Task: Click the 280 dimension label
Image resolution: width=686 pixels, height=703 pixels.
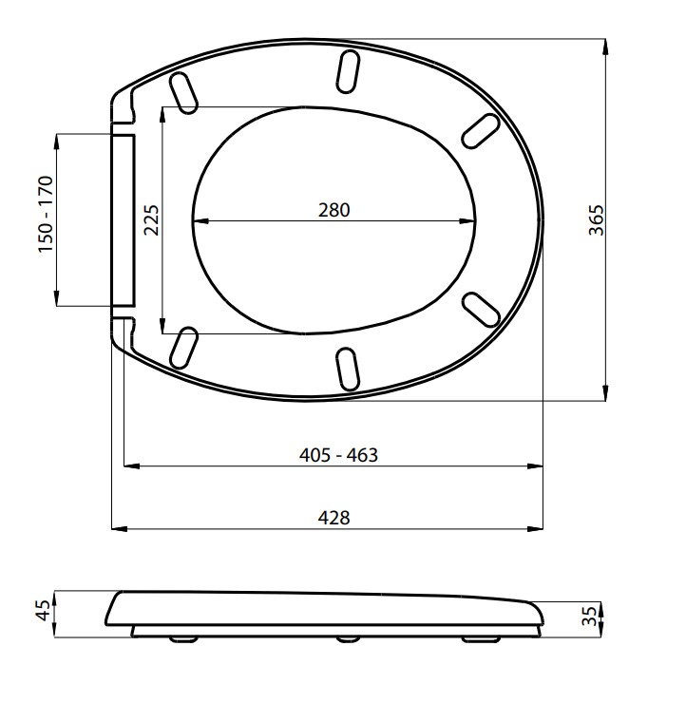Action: pyautogui.click(x=334, y=210)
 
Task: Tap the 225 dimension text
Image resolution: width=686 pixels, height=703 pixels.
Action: pyautogui.click(x=152, y=219)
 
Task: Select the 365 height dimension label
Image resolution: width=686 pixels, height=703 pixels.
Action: pyautogui.click(x=597, y=220)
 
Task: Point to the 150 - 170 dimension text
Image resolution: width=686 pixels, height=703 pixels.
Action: pyautogui.click(x=46, y=215)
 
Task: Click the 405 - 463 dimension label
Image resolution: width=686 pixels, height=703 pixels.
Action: pyautogui.click(x=338, y=455)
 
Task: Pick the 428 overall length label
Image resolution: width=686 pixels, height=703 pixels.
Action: pyautogui.click(x=334, y=518)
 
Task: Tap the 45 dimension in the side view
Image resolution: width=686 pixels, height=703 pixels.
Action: pyautogui.click(x=44, y=610)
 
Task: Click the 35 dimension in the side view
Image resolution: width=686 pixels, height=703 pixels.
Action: pyautogui.click(x=590, y=616)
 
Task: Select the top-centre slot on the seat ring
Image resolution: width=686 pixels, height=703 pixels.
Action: pyautogui.click(x=348, y=72)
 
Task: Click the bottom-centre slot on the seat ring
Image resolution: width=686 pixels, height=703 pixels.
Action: pyautogui.click(x=348, y=369)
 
